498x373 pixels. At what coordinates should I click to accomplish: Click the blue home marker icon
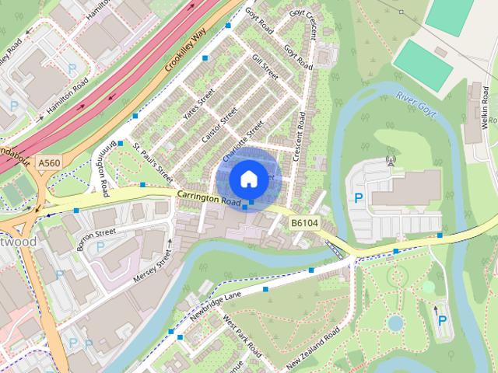247,179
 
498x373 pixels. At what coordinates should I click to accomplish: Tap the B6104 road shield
306,223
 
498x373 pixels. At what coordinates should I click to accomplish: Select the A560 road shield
48,162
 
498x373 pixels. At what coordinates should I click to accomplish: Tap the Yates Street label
198,110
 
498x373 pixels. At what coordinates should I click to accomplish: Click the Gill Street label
265,67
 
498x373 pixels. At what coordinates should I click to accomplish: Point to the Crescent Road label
300,136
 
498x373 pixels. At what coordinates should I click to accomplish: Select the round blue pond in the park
395,322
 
